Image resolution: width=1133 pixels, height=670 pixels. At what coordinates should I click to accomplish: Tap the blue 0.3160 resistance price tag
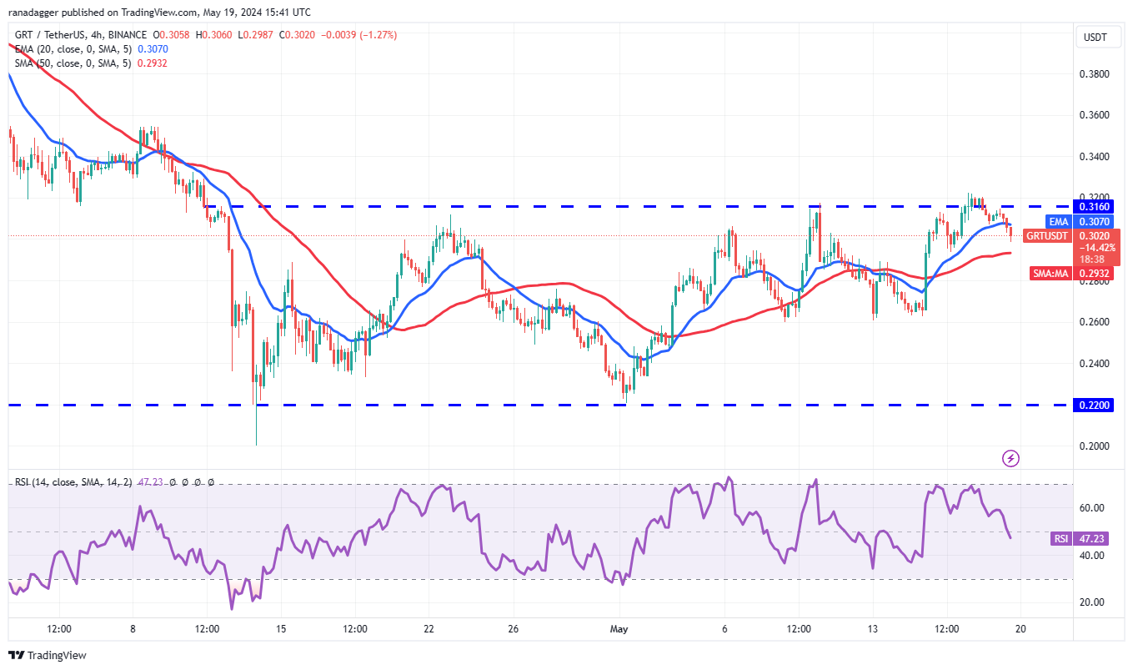pyautogui.click(x=1095, y=206)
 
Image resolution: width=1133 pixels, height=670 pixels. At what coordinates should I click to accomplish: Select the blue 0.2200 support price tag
pyautogui.click(x=1095, y=405)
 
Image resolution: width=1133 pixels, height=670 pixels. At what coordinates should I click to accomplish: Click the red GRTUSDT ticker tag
pyautogui.click(x=1046, y=236)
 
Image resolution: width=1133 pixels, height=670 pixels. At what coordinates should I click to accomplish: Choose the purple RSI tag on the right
pyautogui.click(x=1060, y=539)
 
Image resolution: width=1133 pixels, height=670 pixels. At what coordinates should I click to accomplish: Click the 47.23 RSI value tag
pyautogui.click(x=1093, y=539)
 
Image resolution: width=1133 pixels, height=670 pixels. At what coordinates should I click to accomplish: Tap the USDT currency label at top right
pyautogui.click(x=1095, y=38)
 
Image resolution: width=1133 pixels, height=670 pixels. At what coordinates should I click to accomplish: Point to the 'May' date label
pyautogui.click(x=618, y=627)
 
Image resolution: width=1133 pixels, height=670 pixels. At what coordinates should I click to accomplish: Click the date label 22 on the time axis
pyautogui.click(x=429, y=627)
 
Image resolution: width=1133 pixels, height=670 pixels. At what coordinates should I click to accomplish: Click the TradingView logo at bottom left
pyautogui.click(x=48, y=655)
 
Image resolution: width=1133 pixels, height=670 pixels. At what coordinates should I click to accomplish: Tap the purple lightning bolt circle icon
pyautogui.click(x=1011, y=458)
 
